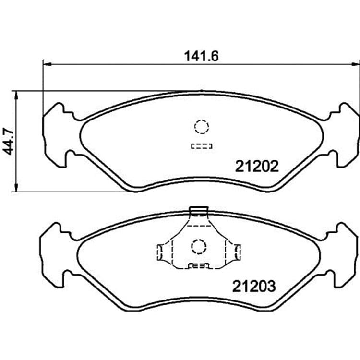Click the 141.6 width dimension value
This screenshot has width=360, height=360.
point(201,56)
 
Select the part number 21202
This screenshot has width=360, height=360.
point(257,166)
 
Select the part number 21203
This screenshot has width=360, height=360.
point(254,286)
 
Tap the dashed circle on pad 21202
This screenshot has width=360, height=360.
point(202,127)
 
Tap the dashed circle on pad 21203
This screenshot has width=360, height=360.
point(199,247)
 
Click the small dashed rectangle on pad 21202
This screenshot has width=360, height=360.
point(202,146)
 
